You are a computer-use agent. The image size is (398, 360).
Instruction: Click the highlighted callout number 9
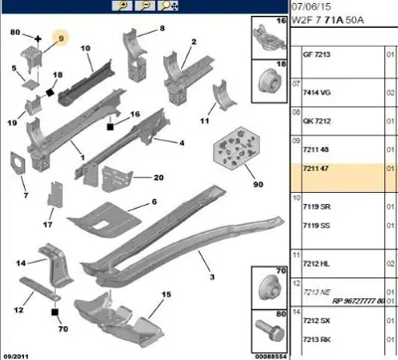coord(62,39)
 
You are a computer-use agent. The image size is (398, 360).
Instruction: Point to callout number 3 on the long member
coord(208,276)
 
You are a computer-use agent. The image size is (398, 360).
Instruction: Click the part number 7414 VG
coord(308,90)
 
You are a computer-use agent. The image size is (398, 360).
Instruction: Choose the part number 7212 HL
coord(308,264)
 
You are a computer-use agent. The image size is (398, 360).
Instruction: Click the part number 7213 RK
coord(308,339)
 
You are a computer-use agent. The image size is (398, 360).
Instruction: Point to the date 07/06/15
coord(308,5)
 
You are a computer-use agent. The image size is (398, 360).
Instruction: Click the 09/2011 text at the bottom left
coord(18,353)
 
